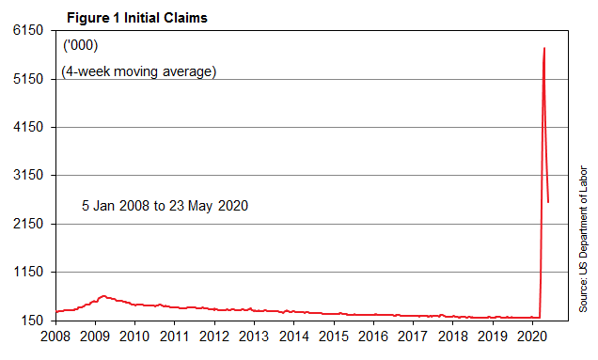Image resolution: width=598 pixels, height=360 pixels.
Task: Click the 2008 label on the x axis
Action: click(x=56, y=337)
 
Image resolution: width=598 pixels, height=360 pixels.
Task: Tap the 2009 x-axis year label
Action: click(x=96, y=337)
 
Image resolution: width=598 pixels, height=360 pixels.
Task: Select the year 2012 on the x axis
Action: click(x=215, y=337)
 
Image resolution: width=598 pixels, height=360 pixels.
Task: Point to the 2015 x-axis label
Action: click(x=334, y=337)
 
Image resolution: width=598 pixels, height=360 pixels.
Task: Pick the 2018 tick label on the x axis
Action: click(x=453, y=337)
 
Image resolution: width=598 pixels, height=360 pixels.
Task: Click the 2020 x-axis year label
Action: click(x=532, y=337)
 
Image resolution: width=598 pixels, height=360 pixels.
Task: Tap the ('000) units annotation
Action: click(x=80, y=46)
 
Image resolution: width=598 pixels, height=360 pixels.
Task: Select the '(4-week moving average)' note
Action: click(x=139, y=71)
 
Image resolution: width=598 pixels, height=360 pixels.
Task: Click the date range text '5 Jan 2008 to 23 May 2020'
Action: click(x=165, y=205)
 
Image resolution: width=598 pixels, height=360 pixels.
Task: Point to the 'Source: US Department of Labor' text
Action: click(x=583, y=240)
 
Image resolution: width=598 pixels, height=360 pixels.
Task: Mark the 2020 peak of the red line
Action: click(x=544, y=48)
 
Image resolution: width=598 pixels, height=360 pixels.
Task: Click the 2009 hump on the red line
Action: click(x=102, y=296)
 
